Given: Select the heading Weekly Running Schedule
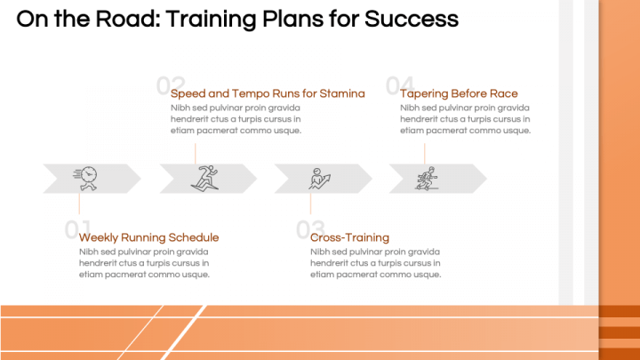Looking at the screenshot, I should coord(148,237).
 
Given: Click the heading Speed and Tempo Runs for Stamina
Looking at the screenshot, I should coord(268,93).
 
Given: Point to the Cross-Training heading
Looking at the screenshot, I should coord(349,237).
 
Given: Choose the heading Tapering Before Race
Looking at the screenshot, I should coord(459,93).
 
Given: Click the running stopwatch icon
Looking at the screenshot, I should coord(87,178).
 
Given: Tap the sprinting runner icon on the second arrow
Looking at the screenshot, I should coord(204,178).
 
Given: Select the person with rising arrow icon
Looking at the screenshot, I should coord(318,178).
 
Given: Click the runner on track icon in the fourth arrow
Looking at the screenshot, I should coord(428,178).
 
